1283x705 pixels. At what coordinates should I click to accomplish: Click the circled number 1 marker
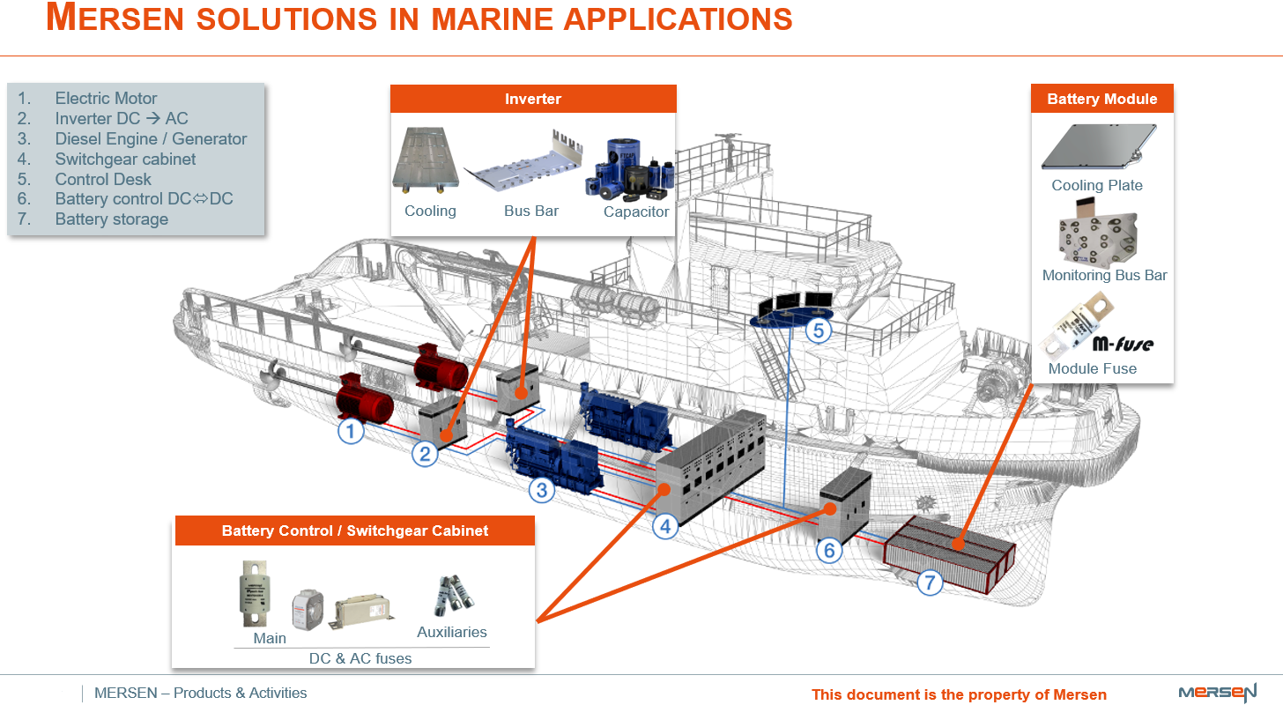(352, 432)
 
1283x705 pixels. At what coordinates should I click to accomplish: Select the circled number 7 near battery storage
(930, 582)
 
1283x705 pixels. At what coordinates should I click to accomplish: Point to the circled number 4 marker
(665, 526)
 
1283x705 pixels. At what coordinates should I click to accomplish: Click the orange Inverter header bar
(533, 99)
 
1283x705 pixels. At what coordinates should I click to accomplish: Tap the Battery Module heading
(1101, 99)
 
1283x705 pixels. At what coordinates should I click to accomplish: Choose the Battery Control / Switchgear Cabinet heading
(355, 531)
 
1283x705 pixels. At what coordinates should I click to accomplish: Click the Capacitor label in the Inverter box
(636, 211)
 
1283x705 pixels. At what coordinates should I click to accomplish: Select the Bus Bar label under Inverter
(531, 211)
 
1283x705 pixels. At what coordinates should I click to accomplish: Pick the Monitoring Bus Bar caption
(1104, 275)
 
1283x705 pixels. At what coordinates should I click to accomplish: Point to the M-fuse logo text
(1123, 343)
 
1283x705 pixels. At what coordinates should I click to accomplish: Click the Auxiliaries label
(452, 632)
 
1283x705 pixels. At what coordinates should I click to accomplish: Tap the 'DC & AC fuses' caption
(360, 658)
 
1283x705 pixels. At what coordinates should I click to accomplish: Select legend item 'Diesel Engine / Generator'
(151, 138)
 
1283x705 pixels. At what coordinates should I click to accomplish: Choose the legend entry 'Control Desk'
(103, 179)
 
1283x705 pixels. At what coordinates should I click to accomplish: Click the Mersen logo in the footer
(1217, 692)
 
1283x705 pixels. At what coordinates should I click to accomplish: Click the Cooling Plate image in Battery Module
(1098, 147)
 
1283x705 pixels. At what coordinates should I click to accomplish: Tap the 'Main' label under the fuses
(270, 638)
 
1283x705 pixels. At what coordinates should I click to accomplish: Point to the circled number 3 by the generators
(541, 489)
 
